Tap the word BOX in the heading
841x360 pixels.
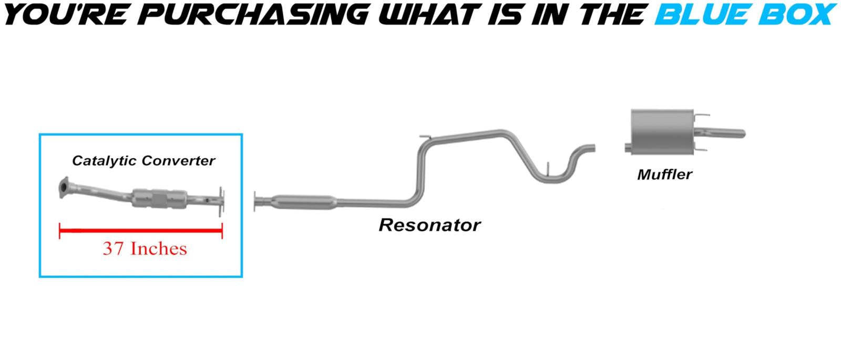pyautogui.click(x=798, y=14)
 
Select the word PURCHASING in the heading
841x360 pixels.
pyautogui.click(x=256, y=14)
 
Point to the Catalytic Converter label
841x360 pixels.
pyautogui.click(x=143, y=161)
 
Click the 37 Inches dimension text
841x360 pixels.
pyautogui.click(x=145, y=249)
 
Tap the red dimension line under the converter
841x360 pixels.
pyautogui.click(x=141, y=231)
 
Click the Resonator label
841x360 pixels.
pyautogui.click(x=429, y=225)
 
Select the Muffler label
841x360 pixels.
pyautogui.click(x=664, y=174)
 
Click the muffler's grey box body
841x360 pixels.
pyautogui.click(x=662, y=132)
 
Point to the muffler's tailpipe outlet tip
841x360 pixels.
pyautogui.click(x=743, y=133)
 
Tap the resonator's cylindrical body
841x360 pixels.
pyautogui.click(x=304, y=202)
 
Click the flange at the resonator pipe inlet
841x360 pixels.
pyautogui.click(x=255, y=202)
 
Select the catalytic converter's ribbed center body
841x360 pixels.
pyautogui.click(x=160, y=199)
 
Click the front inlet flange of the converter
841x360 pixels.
pyautogui.click(x=64, y=187)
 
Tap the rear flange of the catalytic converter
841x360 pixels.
pyautogui.click(x=221, y=202)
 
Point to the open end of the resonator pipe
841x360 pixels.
pyautogui.click(x=593, y=148)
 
